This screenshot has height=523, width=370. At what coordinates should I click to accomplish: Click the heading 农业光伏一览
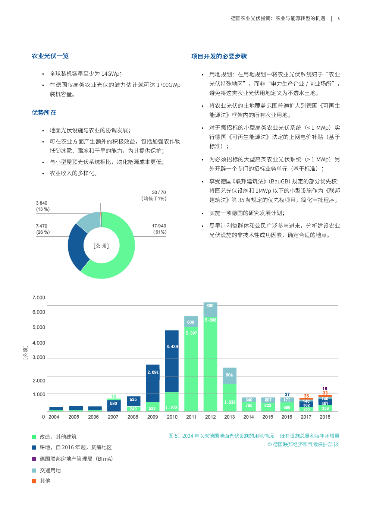[x=50, y=56]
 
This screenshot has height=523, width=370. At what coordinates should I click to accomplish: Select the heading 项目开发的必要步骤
[x=219, y=56]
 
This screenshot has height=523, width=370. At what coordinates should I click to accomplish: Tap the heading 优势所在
[x=44, y=113]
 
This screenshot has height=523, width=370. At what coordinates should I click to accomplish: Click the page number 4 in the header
[x=339, y=18]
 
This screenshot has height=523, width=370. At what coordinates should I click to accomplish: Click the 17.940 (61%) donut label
[x=159, y=229]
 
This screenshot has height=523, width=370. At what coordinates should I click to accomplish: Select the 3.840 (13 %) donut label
[x=43, y=206]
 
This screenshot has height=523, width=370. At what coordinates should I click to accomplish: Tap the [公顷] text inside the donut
[x=101, y=246]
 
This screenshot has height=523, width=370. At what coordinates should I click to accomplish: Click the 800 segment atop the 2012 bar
[x=210, y=310]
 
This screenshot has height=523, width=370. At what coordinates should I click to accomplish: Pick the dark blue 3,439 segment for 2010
[x=172, y=361]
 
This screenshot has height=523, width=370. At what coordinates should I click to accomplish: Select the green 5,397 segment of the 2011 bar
[x=191, y=369]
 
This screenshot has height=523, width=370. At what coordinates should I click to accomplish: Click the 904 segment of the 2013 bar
[x=229, y=376]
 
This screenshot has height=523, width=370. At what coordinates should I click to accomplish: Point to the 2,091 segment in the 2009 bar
[x=153, y=383]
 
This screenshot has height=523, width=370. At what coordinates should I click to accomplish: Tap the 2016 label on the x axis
[x=286, y=417]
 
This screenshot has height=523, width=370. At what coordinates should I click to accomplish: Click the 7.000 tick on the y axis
[x=39, y=297]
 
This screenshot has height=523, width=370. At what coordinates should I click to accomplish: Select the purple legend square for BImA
[x=34, y=459]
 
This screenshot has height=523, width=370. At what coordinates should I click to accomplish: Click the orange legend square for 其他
[x=34, y=481]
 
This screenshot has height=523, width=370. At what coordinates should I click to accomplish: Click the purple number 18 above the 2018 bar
[x=325, y=388]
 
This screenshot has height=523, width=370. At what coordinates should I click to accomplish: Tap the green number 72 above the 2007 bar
[x=114, y=396]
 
